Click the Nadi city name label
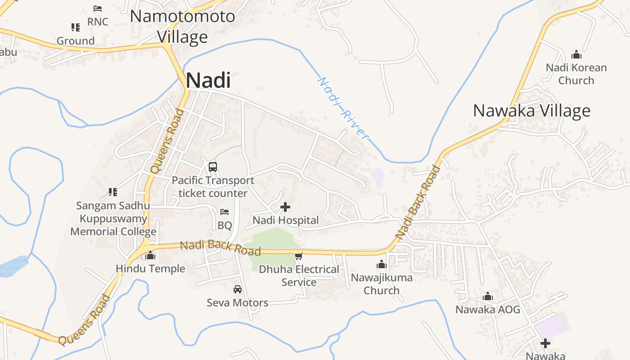click(208, 81)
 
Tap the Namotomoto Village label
click(182, 27)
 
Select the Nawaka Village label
click(531, 111)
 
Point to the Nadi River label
click(343, 108)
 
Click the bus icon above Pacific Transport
click(213, 166)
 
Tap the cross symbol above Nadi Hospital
click(285, 207)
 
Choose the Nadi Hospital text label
click(285, 220)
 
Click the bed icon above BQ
click(225, 212)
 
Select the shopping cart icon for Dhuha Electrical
click(298, 256)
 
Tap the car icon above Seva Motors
click(238, 289)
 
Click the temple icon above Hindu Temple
click(150, 256)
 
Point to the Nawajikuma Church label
click(382, 283)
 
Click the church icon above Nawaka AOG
click(487, 297)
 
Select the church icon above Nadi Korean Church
click(576, 55)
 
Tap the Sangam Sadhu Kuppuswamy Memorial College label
click(113, 219)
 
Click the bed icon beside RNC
click(98, 9)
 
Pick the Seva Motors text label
click(238, 302)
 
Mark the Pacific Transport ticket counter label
click(213, 187)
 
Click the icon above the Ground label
click(76, 27)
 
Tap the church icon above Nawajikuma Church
click(382, 264)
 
